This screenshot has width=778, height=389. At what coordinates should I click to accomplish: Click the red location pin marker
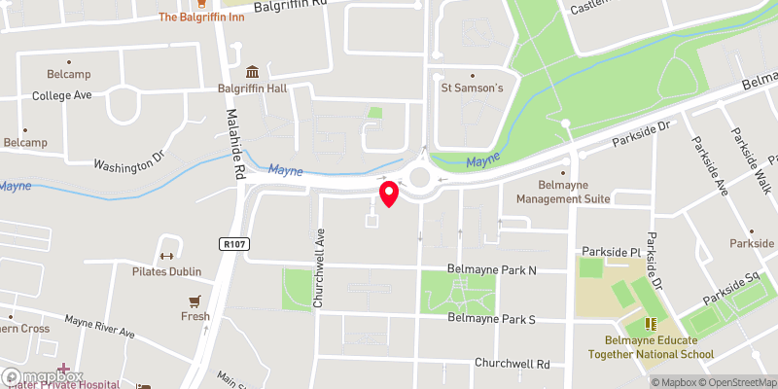pos(389,194)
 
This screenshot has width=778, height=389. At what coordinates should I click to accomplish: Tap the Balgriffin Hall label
pos(252,90)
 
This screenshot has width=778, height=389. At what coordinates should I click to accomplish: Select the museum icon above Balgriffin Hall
pos(252,73)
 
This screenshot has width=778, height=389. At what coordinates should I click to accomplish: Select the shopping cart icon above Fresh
pos(195,301)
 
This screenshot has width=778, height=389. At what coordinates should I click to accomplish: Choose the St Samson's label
pos(472,88)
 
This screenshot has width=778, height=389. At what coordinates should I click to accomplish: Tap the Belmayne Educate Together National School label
pos(650,347)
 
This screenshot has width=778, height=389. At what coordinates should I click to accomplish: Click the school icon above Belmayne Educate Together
pos(650,324)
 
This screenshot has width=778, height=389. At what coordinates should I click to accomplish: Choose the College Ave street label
pos(61,96)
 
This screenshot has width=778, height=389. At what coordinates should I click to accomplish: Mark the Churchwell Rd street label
pos(513,363)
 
